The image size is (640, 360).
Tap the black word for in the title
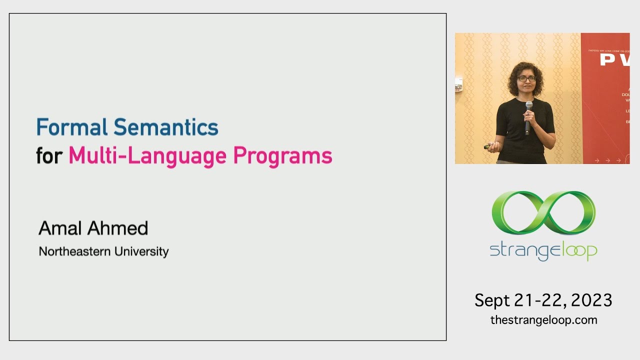click(49, 156)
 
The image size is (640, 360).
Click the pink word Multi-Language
click(147, 156)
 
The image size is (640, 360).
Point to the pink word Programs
click(282, 156)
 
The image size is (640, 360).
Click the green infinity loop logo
click(543, 212)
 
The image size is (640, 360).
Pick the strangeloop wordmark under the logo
click(543, 250)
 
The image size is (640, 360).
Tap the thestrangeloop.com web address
click(543, 320)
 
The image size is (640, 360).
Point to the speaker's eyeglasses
click(526, 79)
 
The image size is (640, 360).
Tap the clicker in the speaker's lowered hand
click(487, 147)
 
